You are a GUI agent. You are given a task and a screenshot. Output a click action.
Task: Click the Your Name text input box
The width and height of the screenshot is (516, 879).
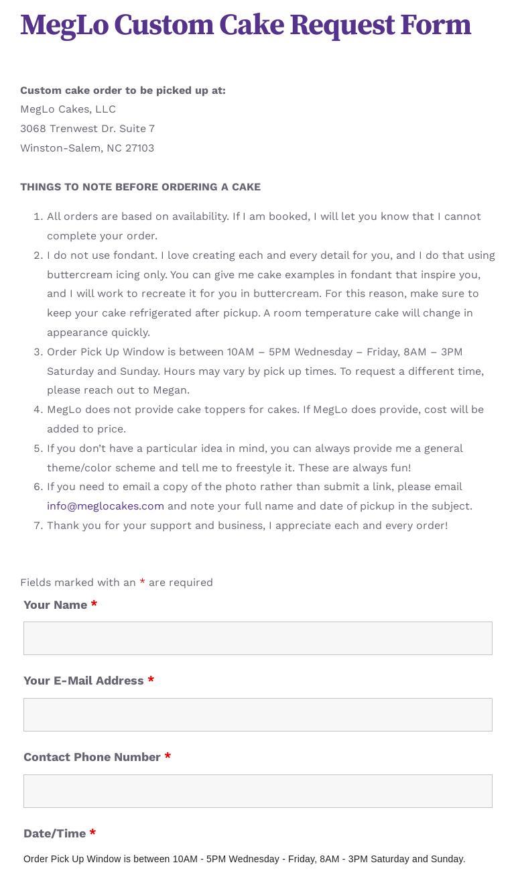tap(258, 638)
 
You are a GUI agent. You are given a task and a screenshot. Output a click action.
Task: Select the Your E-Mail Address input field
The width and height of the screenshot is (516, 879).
tap(258, 715)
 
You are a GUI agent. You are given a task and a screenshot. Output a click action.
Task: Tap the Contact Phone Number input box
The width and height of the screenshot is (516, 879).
tap(258, 791)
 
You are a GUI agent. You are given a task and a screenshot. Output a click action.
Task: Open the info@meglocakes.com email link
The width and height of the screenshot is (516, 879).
tap(105, 506)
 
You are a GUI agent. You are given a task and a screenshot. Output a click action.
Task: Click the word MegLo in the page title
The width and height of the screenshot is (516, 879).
tap(64, 25)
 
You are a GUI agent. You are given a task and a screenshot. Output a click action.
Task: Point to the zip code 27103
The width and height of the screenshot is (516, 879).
tap(139, 148)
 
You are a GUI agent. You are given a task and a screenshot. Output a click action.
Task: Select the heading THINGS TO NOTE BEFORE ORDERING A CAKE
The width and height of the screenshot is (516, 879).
tap(140, 187)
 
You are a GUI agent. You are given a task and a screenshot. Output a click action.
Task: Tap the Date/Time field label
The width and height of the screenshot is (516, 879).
tap(54, 833)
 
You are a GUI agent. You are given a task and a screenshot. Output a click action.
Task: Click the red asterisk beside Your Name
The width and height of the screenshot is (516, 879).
tap(94, 605)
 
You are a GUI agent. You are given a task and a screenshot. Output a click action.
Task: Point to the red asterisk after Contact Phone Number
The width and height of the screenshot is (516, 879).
tap(168, 757)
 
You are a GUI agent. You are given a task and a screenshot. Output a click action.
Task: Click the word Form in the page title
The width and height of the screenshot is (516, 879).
tap(436, 25)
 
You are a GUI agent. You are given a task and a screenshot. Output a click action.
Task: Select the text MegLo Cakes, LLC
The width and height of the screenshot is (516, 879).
tap(68, 109)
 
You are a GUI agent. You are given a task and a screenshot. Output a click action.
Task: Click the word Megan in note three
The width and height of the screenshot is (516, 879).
tap(170, 390)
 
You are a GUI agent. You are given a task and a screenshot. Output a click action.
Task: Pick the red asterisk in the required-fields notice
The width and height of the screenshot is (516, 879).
tap(142, 583)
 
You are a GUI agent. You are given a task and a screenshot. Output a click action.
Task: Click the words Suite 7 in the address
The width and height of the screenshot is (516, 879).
tap(137, 129)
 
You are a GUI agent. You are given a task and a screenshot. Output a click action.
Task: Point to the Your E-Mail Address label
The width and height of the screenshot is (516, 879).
tap(83, 681)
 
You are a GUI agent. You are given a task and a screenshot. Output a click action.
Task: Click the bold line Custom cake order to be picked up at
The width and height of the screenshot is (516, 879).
tap(123, 91)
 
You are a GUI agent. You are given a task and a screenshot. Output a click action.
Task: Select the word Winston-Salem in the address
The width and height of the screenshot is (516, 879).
tap(60, 148)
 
